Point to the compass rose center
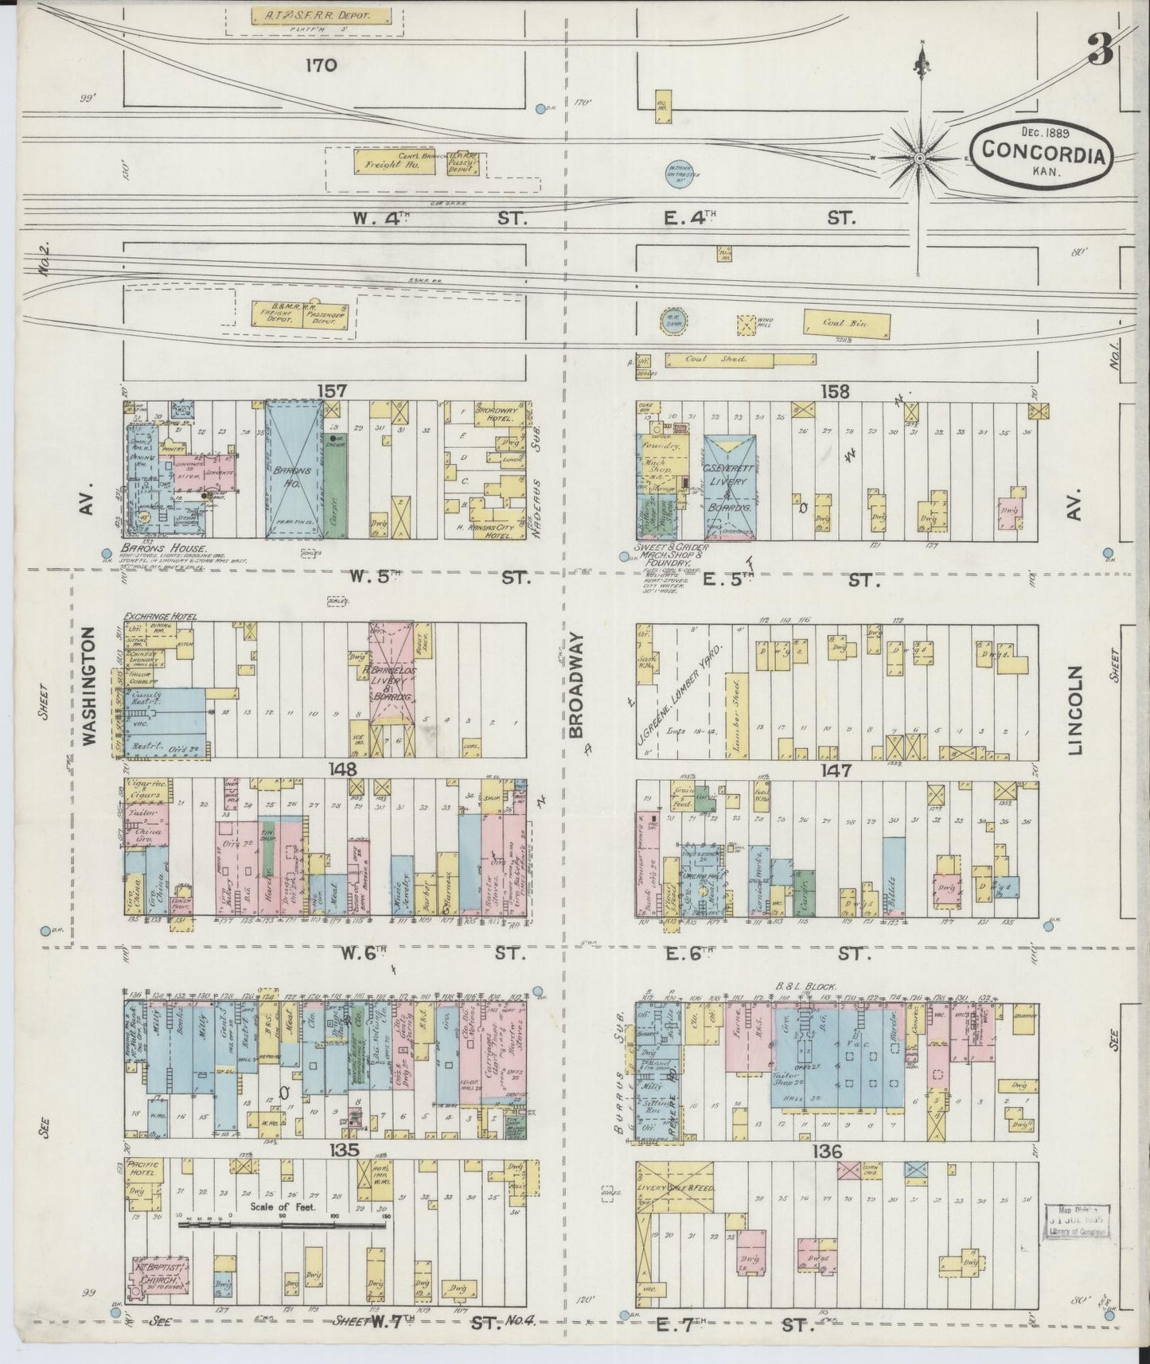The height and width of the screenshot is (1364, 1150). [919, 158]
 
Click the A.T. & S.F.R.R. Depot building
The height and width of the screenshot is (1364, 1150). [322, 16]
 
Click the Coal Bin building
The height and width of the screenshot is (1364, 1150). [845, 323]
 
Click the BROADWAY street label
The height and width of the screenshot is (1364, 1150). [577, 686]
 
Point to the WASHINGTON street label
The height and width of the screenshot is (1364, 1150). [88, 686]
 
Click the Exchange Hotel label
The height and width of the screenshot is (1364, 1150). [159, 617]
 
